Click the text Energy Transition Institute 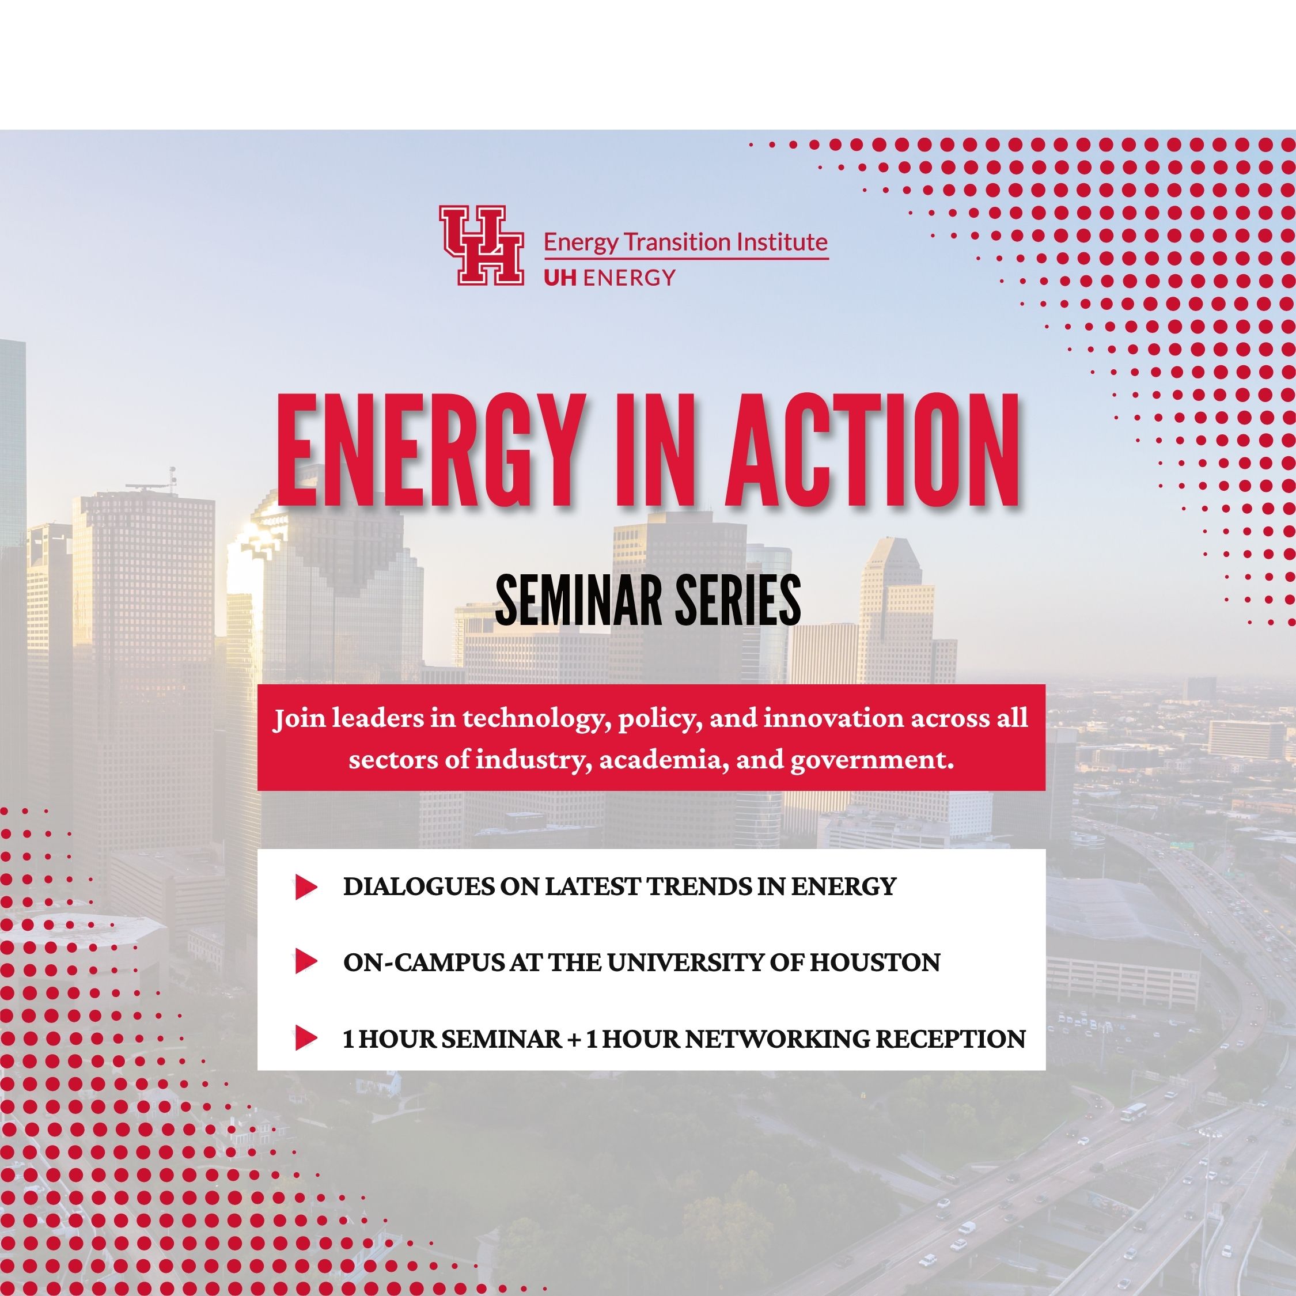[x=685, y=241]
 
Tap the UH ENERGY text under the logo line [x=609, y=277]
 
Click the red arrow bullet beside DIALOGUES [x=306, y=887]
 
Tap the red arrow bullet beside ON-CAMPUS [x=306, y=962]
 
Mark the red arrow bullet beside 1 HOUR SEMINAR [x=306, y=1039]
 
